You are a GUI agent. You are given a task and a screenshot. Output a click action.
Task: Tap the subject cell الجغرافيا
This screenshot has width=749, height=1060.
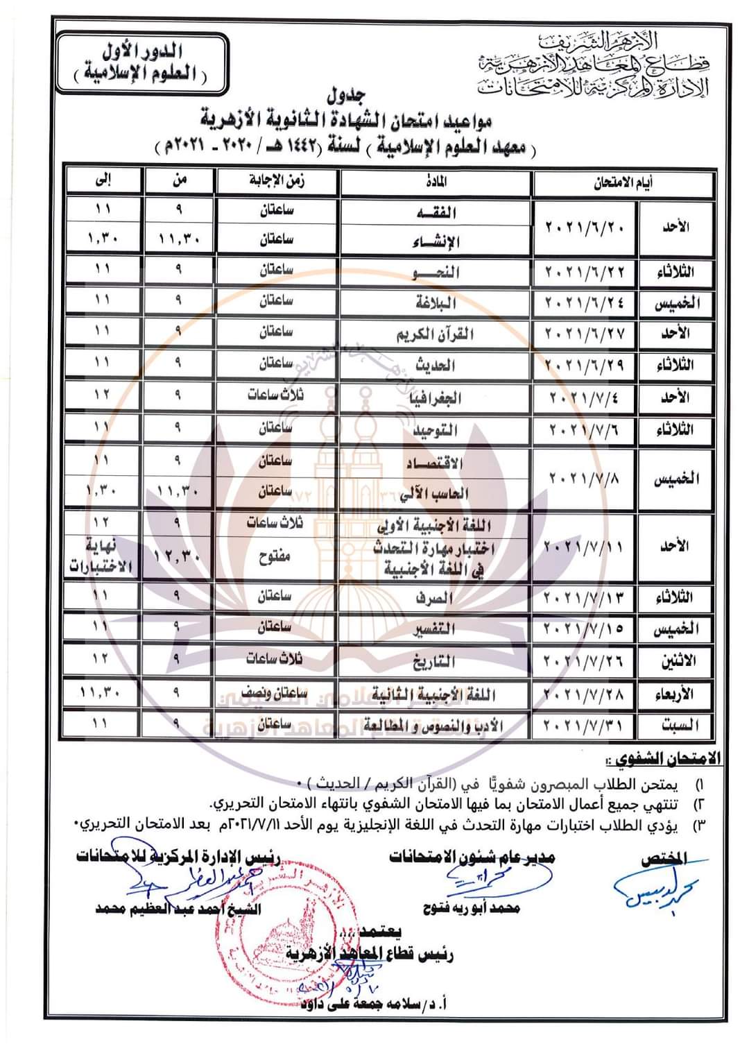tap(436, 397)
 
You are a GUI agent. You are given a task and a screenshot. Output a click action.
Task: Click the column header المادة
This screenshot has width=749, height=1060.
tap(436, 182)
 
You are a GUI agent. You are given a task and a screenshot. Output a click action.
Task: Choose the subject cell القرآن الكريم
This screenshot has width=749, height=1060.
tap(436, 334)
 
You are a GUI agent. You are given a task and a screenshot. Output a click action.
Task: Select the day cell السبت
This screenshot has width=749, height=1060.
tap(676, 726)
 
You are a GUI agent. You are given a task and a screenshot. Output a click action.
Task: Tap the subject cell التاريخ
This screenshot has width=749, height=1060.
tap(436, 661)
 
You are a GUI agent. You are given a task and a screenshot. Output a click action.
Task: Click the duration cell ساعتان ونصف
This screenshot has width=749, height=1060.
tap(277, 692)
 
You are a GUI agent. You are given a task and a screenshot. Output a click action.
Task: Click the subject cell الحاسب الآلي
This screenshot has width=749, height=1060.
tap(436, 493)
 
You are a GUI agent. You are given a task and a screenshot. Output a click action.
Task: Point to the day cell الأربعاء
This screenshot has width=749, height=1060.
tap(676, 693)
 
